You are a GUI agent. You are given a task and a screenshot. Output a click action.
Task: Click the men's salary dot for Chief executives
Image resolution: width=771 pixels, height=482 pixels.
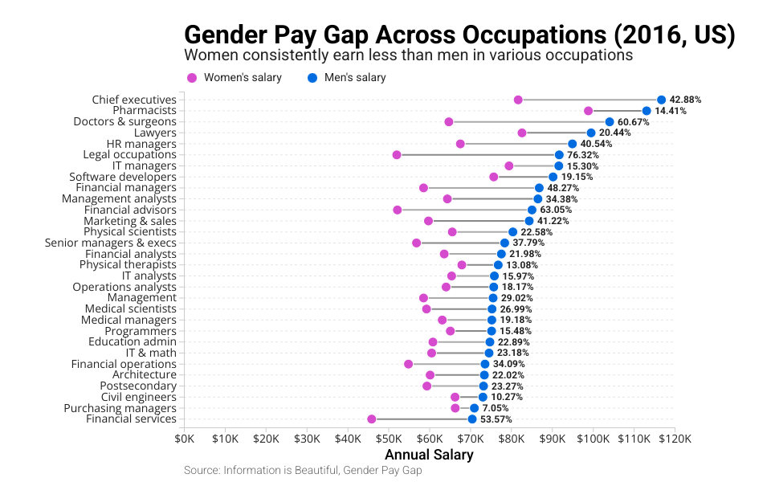pos(661,100)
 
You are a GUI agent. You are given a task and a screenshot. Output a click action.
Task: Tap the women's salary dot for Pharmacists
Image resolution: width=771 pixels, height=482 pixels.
pos(588,111)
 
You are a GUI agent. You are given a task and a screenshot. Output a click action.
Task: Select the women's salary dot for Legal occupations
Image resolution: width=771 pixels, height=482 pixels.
pos(397,154)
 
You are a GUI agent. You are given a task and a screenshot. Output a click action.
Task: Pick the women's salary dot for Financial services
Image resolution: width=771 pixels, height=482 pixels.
pos(371,419)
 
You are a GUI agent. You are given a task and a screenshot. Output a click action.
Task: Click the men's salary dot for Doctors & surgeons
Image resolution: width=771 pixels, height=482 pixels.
pos(610,122)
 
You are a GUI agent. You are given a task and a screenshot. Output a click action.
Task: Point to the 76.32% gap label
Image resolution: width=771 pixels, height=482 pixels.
pos(583,155)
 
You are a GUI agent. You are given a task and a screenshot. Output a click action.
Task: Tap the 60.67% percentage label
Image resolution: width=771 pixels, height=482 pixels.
pos(634,122)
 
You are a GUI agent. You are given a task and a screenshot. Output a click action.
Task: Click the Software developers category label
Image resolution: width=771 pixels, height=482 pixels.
pos(123,177)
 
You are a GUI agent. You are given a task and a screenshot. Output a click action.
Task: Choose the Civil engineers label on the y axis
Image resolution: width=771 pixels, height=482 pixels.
pos(138,397)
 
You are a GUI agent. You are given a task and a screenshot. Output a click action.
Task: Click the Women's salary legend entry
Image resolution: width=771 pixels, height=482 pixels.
pos(234,78)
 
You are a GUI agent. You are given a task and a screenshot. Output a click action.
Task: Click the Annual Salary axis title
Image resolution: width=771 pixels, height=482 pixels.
pos(429,455)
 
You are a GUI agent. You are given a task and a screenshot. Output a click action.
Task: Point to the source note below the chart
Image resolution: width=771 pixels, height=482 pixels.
pos(303,470)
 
